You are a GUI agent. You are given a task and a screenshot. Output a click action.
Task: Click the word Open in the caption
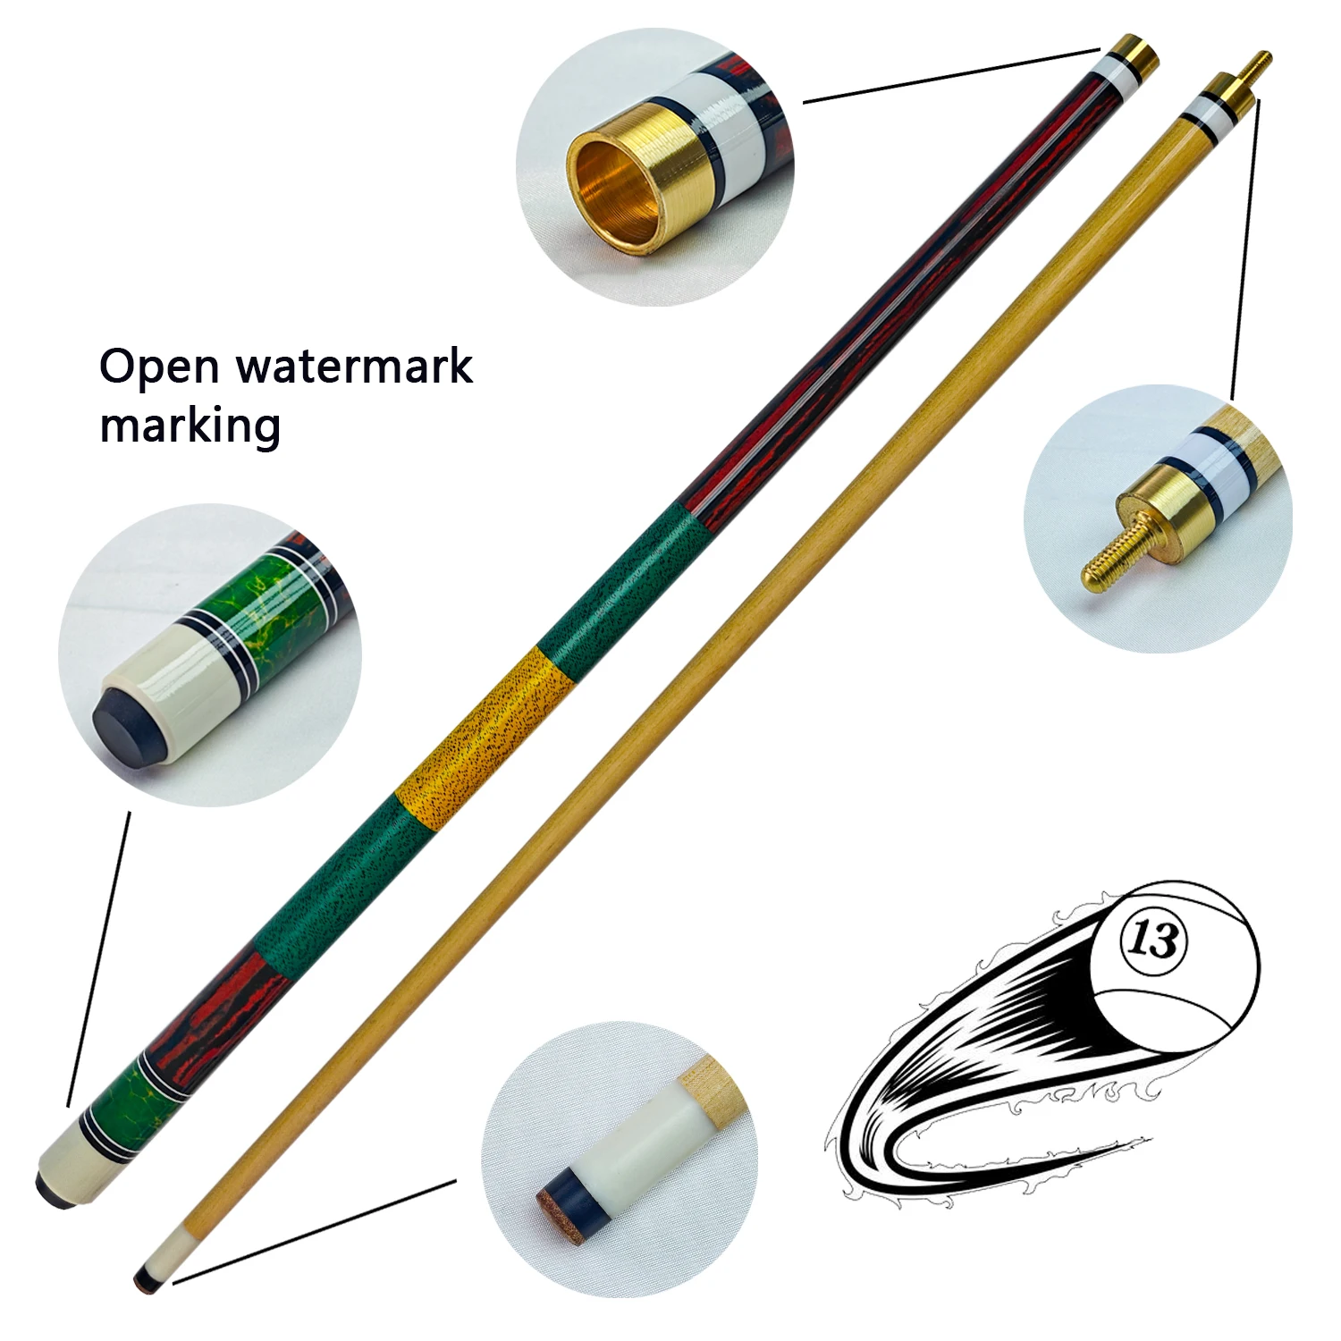click(159, 367)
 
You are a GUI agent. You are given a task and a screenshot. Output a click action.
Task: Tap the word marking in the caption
click(190, 426)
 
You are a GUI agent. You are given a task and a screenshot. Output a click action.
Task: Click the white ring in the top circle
click(725, 125)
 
